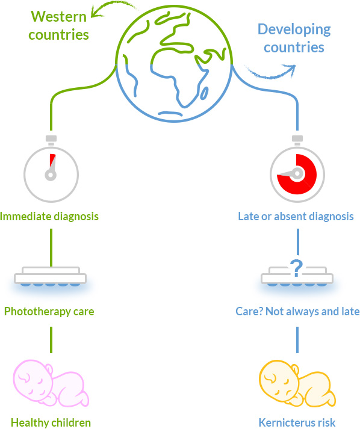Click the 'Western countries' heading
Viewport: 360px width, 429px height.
[x=58, y=25]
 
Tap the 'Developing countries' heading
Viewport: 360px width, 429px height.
[x=294, y=39]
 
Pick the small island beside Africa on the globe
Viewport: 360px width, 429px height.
[x=204, y=93]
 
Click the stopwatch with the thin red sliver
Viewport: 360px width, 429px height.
[x=51, y=169]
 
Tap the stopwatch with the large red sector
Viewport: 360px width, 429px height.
[x=297, y=169]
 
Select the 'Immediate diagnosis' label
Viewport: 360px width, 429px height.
[x=49, y=217]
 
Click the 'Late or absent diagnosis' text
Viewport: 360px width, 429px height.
[x=296, y=217]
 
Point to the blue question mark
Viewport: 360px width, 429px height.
[x=296, y=268]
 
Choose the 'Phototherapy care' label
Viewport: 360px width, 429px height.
[x=49, y=312]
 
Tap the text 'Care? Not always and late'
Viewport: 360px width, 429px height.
[x=297, y=312]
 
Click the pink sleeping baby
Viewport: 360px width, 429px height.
[x=51, y=383]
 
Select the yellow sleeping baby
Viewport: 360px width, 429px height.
[x=297, y=383]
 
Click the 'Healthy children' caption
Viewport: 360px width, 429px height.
[x=51, y=422]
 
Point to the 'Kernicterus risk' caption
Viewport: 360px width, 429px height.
[x=297, y=422]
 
